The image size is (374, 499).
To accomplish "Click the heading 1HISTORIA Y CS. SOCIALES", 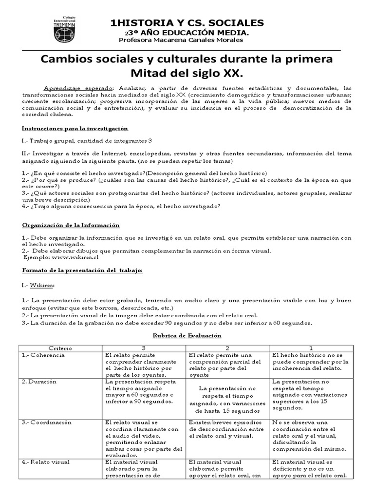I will click(x=187, y=23).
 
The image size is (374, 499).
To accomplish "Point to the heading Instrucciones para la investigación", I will click(x=75, y=128).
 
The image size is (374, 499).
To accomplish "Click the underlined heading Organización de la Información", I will click(x=71, y=225).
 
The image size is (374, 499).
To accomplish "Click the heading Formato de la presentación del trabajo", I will click(x=82, y=270).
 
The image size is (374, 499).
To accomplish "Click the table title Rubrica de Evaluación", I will click(x=187, y=336).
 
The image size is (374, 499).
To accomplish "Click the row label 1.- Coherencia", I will click(x=43, y=355).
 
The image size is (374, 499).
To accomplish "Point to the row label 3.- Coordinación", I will click(x=47, y=422).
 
